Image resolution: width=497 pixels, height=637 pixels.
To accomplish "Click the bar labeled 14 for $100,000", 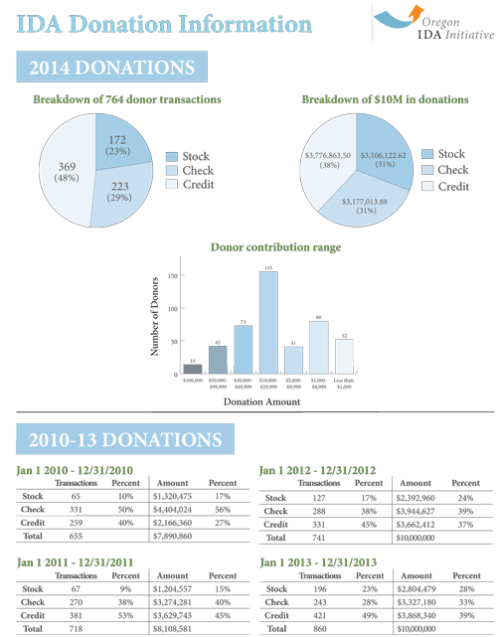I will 193,369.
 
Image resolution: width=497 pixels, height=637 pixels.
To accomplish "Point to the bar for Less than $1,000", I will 344,356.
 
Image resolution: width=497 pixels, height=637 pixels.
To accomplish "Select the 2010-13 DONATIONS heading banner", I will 124,440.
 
